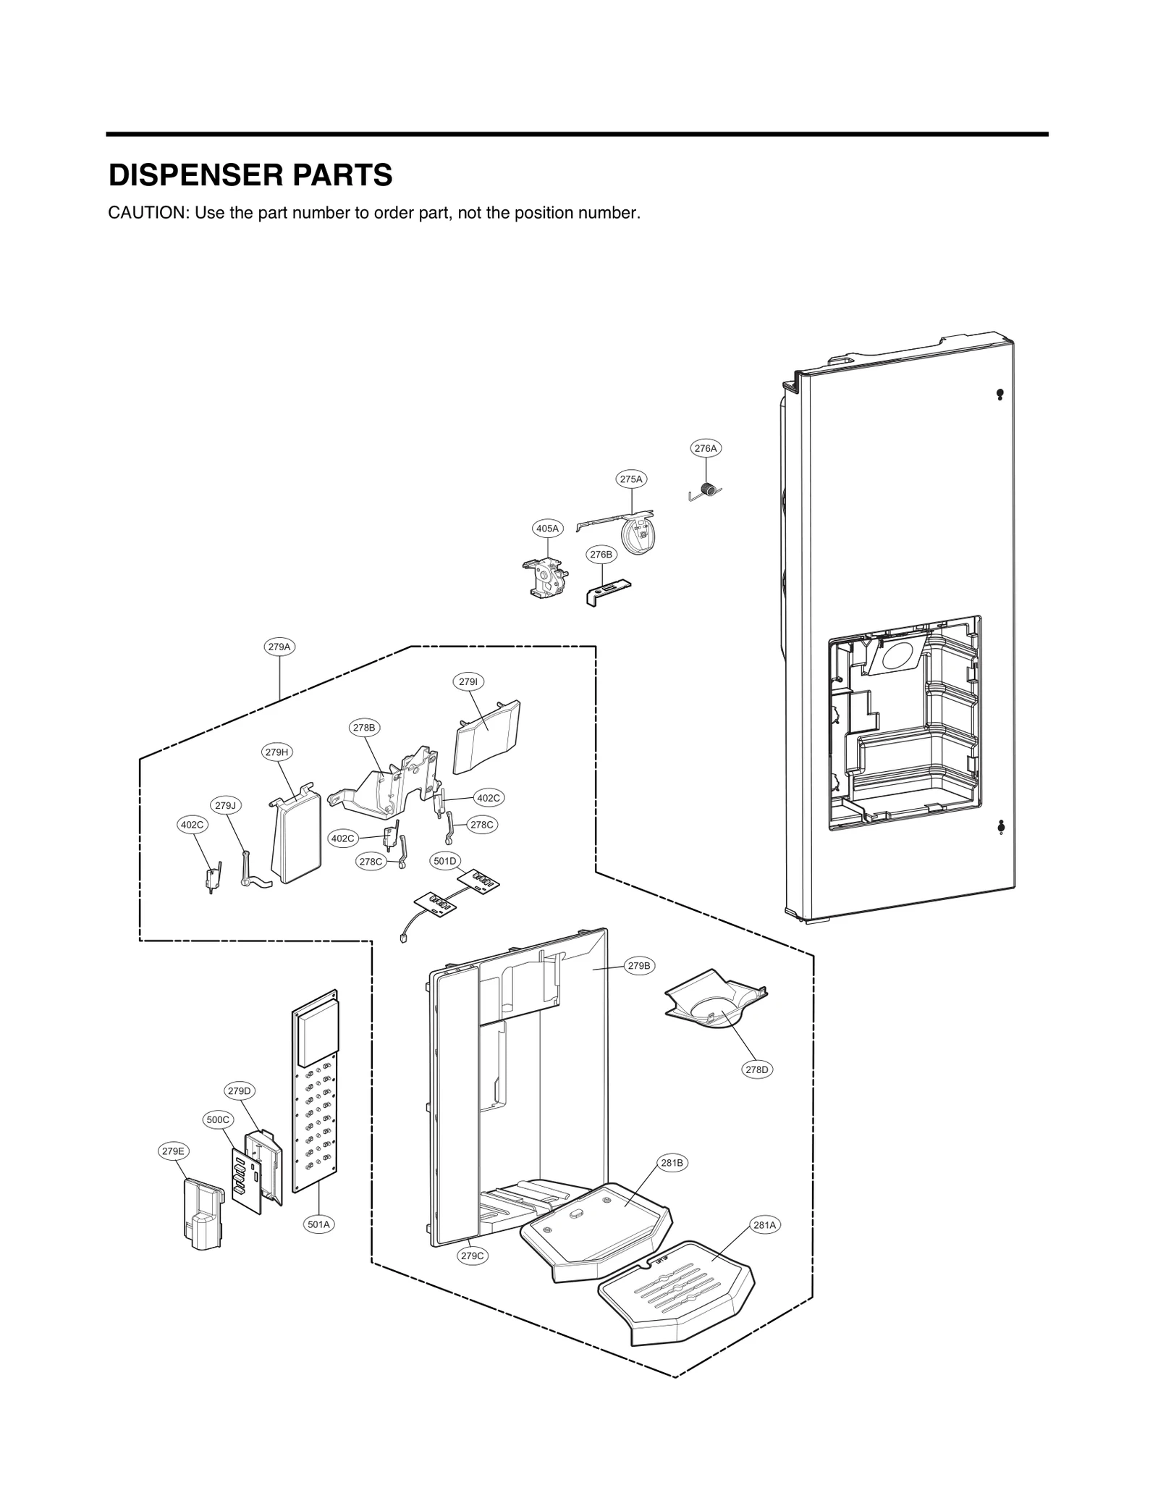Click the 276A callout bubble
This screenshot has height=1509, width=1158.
coord(706,448)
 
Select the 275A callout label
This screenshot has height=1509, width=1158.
coord(631,479)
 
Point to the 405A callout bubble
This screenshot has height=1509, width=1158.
coord(547,529)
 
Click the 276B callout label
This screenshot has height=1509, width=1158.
coord(601,555)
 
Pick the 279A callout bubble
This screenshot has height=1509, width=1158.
coord(279,647)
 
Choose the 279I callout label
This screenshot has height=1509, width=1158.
coord(468,681)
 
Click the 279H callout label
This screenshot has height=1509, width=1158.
coord(276,752)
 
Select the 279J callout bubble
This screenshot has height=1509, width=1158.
coord(226,805)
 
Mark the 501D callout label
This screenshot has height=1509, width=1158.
coord(445,861)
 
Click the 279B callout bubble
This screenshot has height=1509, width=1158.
coord(639,966)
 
